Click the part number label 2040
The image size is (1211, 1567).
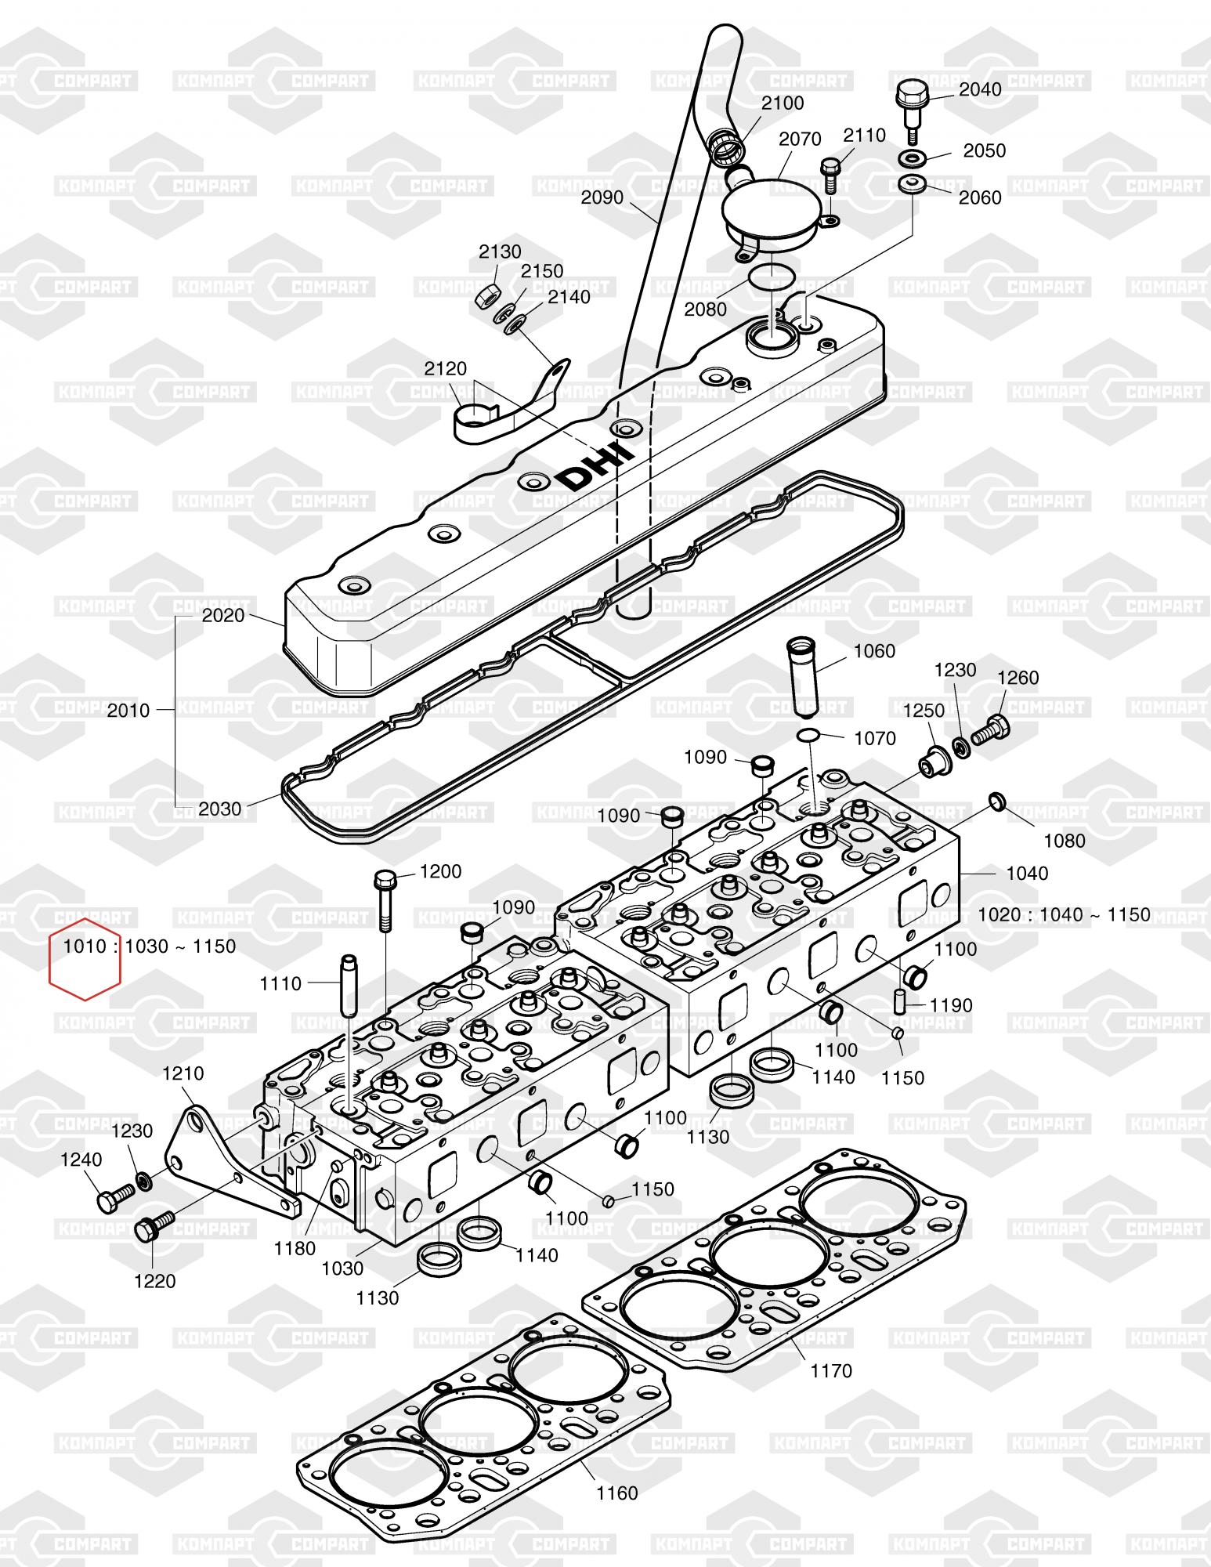pos(980,89)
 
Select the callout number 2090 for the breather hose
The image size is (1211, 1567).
pos(602,197)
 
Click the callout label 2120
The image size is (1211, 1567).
pos(446,368)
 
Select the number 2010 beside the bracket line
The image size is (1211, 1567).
pos(128,711)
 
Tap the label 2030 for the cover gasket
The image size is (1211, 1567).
pos(220,808)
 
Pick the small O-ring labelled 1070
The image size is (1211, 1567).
pos(809,735)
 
